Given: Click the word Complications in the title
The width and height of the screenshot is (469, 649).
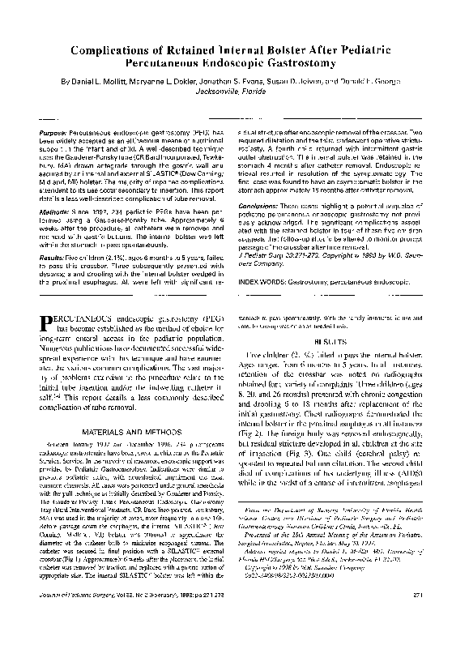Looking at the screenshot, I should pos(124,50).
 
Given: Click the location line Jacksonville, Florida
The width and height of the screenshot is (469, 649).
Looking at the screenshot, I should pos(234,93).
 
